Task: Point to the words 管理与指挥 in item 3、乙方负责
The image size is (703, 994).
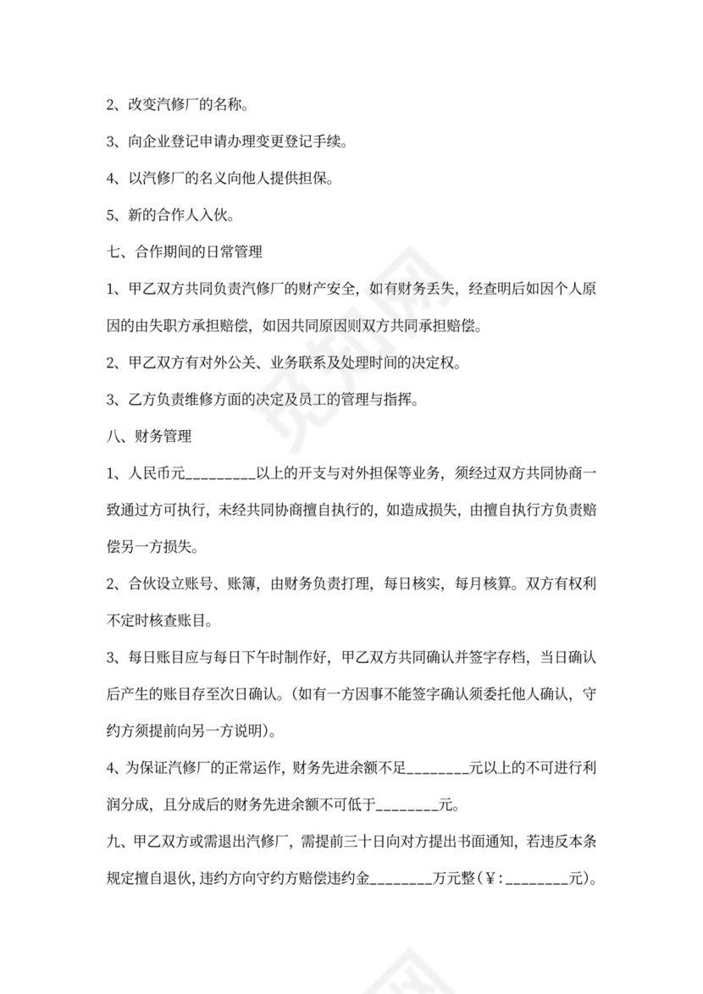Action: pos(381,400)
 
